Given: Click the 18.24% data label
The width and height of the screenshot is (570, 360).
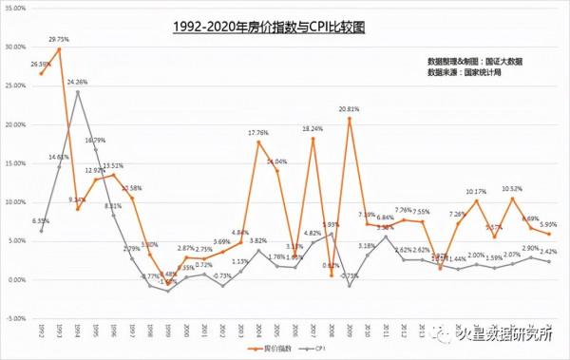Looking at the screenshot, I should tap(313, 129).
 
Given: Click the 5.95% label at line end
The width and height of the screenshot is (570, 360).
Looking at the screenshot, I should tap(548, 225).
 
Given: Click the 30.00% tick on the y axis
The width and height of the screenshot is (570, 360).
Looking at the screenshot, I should tap(15, 47).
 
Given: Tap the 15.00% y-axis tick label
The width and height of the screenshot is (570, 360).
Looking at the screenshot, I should tap(15, 163).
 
